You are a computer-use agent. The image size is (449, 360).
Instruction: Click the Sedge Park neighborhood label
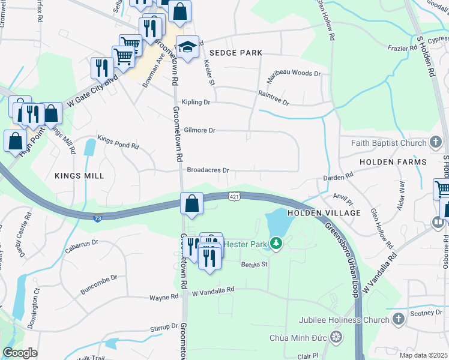(236, 53)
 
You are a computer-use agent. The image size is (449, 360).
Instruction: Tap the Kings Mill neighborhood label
(79, 176)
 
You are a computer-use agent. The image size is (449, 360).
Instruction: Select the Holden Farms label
(393, 162)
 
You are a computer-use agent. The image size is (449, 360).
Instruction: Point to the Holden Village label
(324, 213)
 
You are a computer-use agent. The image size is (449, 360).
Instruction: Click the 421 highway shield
(235, 196)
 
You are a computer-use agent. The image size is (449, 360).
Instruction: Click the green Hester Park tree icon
(276, 243)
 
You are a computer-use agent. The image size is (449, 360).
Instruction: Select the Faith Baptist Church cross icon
(436, 143)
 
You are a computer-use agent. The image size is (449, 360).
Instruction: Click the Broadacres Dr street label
(208, 170)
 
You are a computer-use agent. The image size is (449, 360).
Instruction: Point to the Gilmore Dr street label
(199, 130)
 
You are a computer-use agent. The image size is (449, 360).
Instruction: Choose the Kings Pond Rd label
(118, 142)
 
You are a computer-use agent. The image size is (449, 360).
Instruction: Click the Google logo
(20, 353)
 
